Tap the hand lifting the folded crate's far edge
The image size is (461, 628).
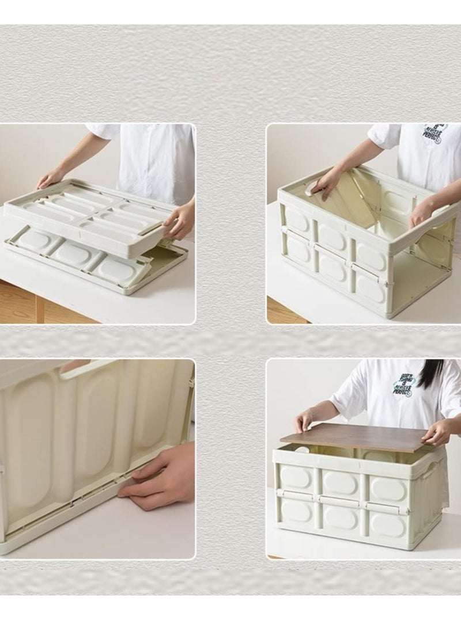[x=51, y=178]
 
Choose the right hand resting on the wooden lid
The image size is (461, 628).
[x=437, y=432]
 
